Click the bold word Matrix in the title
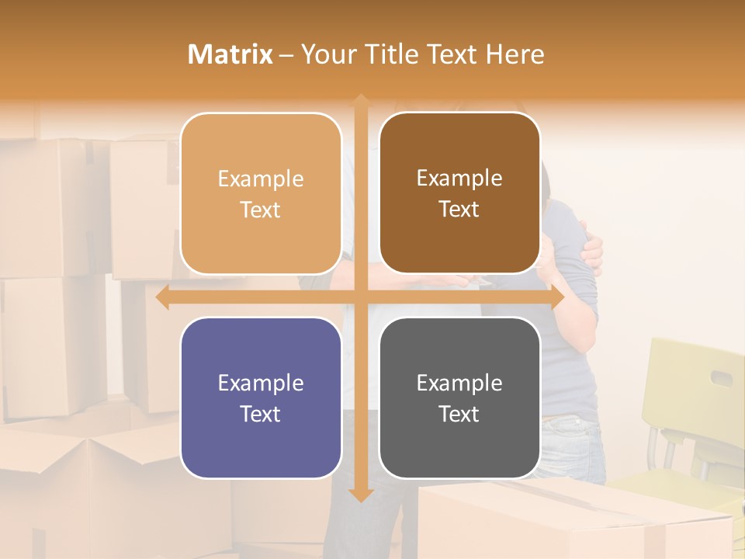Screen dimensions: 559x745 coord(230,54)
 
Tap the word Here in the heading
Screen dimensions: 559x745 coord(515,54)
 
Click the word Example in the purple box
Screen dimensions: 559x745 coord(261,383)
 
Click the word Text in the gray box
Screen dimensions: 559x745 coord(459,414)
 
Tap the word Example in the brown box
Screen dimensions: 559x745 coord(459,178)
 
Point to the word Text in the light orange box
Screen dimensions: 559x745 coord(261,210)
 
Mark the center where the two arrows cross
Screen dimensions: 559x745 coord(361,297)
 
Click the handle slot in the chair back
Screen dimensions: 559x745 coord(722,378)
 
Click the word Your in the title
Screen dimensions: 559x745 coord(326,54)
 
